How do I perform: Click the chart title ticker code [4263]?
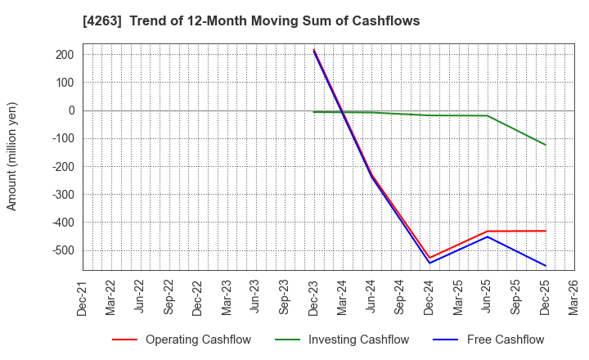pos(100,20)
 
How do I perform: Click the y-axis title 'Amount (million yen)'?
pos(12,156)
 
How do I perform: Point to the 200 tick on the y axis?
pos(65,55)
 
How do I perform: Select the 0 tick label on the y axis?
pos(71,110)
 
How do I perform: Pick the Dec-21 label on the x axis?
pos(82,298)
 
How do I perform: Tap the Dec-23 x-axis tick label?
pos(313,298)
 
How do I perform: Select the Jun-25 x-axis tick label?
pos(488,298)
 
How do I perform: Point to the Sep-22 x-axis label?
pos(169,298)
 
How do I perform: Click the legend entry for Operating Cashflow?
pos(182,340)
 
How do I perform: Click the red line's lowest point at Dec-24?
pos(429,258)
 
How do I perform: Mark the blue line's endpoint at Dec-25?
pos(546,266)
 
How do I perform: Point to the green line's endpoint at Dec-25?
pos(546,145)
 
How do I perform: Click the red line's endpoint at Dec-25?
pos(546,231)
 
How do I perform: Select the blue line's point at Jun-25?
pos(488,236)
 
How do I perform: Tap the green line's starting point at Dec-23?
pos(313,112)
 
